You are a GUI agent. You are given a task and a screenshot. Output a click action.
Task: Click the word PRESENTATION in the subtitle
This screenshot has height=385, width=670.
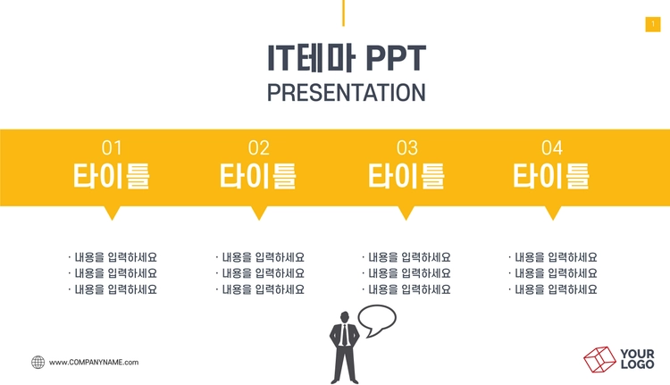pos(346,92)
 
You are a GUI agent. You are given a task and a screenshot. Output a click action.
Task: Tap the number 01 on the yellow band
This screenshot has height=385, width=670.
pos(112,148)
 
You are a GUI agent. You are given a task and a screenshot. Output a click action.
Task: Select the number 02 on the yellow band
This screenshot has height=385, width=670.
pos(258,148)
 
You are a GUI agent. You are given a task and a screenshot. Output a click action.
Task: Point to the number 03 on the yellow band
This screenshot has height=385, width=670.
pos(406,148)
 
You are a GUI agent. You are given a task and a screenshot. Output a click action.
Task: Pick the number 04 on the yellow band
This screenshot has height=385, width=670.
pos(552,148)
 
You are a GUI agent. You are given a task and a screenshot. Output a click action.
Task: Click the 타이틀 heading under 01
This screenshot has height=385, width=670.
pos(111,176)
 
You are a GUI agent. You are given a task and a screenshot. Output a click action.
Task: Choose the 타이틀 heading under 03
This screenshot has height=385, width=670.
pos(406,176)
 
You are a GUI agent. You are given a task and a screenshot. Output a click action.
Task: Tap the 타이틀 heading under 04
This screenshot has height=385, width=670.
pos(551,176)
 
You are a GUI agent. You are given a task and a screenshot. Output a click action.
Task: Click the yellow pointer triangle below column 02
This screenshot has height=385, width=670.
pos(259,212)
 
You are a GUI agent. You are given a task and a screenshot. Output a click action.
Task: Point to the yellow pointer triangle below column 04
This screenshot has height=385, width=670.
pos(553,212)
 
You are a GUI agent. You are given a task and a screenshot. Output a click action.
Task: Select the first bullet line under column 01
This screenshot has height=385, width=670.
pos(113,257)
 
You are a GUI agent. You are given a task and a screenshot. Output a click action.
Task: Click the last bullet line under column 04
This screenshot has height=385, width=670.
pos(553,289)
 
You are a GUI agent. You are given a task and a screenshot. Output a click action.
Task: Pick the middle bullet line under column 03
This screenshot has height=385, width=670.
pos(406,273)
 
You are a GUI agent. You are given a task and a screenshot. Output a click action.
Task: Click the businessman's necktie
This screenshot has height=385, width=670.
pos(345,335)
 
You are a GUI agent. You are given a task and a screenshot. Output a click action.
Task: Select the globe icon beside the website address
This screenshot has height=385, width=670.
pos(38,363)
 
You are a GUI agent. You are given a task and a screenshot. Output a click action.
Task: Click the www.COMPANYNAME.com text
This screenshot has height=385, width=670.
pos(94,363)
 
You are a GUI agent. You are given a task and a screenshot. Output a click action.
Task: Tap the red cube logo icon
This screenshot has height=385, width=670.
pos(600,359)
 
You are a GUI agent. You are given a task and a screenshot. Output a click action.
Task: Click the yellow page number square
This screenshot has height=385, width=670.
pos(653,24)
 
